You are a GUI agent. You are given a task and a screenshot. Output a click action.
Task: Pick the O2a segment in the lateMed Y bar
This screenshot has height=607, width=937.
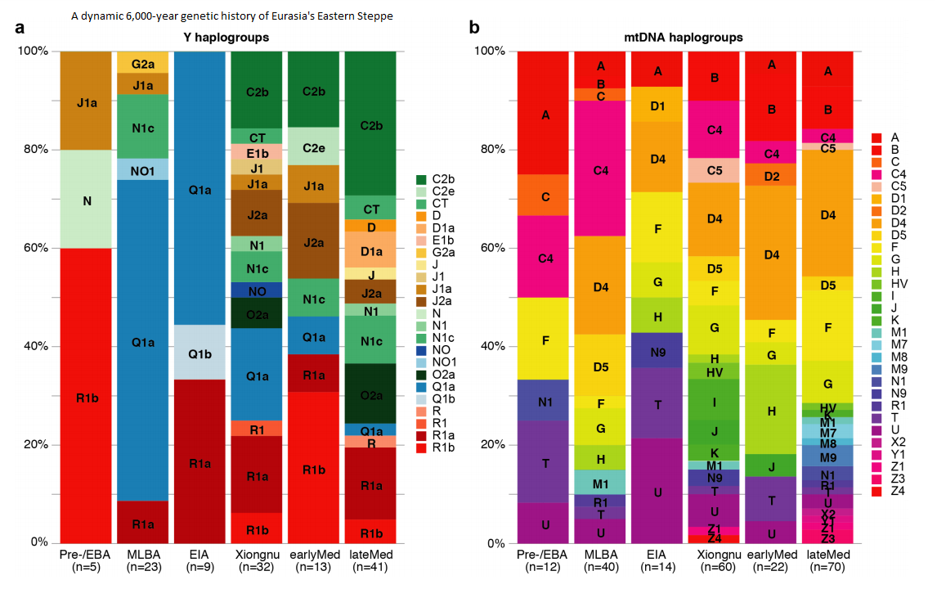click(x=372, y=393)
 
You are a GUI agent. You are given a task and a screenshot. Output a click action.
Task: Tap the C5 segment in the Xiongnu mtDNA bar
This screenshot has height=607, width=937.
click(x=715, y=170)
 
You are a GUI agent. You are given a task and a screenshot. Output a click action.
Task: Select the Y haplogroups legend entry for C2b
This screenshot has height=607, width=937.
click(x=446, y=179)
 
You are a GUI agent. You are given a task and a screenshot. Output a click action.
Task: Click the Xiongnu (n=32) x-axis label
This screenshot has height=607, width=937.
click(x=258, y=563)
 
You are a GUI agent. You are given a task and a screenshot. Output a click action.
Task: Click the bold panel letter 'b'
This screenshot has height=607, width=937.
click(x=474, y=27)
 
